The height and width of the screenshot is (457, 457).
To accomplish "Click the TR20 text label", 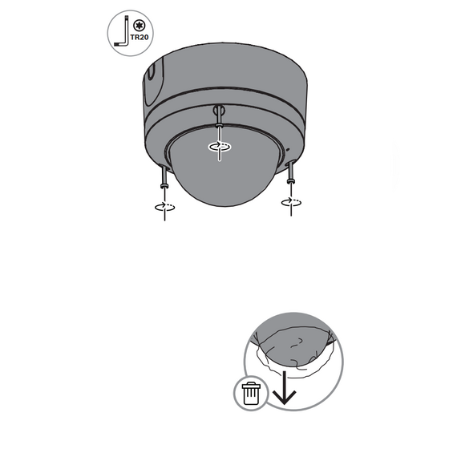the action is tap(140, 38).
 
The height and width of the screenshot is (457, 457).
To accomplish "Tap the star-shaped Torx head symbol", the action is tap(139, 26).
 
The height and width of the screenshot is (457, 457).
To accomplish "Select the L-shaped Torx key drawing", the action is tap(122, 31).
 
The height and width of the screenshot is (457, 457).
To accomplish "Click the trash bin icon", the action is tap(251, 393).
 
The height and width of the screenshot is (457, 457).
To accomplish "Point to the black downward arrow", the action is tap(284, 387).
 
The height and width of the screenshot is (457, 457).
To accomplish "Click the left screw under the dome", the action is tap(164, 177).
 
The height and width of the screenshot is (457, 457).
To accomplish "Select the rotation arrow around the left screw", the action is tap(164, 207).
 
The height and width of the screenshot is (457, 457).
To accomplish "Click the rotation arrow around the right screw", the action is tap(291, 202).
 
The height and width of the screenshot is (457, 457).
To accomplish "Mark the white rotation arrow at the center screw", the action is tap(220, 146).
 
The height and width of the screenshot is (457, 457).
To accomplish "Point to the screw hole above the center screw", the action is tap(219, 110).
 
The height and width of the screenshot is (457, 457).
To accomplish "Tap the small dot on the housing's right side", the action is tap(288, 150).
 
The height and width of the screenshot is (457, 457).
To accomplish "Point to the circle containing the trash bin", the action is tap(251, 393).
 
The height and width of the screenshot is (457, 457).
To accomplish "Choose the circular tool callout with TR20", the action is tap(131, 33).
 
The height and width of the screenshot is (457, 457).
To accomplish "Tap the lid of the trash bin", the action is tap(251, 386).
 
